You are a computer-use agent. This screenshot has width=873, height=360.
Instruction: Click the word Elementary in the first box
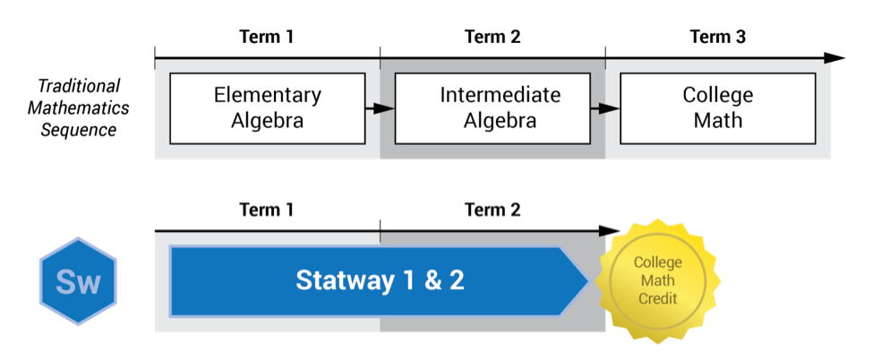point(267,95)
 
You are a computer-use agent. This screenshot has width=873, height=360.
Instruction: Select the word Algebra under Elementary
point(267,121)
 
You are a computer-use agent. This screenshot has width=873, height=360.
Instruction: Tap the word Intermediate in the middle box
point(500,95)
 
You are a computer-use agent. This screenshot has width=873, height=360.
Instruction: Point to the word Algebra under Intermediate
point(500,121)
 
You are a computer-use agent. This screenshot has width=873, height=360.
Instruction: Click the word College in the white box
point(717,95)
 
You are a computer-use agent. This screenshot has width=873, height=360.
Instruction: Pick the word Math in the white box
point(717,121)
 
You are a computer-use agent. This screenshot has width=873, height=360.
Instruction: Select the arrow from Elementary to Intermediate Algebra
point(380,108)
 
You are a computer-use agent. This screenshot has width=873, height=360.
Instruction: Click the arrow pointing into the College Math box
point(605,108)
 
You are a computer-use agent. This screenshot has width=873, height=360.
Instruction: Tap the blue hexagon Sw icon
point(78,282)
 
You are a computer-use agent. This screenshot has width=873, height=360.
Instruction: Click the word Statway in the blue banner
point(343,280)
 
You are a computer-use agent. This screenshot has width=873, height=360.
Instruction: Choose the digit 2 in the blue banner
point(456,280)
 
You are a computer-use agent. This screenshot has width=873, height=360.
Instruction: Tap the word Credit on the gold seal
point(657,297)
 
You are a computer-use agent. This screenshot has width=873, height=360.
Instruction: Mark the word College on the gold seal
point(657,262)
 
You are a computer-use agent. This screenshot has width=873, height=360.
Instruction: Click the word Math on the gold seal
point(657,280)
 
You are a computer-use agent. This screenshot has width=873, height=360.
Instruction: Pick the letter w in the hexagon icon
point(89,285)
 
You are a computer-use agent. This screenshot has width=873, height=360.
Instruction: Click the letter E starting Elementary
point(218,95)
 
